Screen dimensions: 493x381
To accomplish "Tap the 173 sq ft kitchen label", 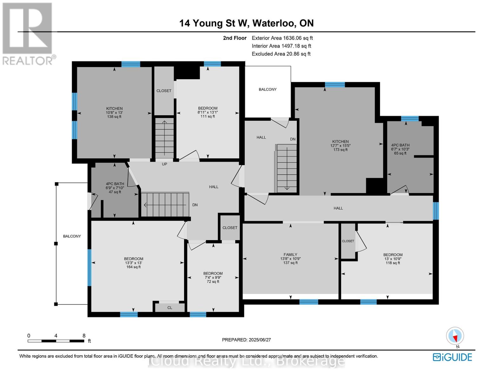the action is (340, 145).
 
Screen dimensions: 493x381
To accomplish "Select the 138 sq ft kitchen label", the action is (114, 112).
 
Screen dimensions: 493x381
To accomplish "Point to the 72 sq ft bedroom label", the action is (213, 277).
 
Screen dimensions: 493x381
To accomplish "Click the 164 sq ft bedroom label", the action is (133, 263).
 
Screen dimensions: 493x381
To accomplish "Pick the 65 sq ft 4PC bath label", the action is (400, 149).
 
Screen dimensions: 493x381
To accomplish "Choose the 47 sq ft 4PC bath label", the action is (115, 188).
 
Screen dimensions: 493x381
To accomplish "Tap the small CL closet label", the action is (170, 308).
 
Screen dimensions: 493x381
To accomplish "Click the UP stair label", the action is (164, 164).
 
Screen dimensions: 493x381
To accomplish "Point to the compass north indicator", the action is (455, 336).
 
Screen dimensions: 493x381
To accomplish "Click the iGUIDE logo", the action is (452, 357).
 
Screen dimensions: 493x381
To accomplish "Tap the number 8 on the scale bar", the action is (84, 336).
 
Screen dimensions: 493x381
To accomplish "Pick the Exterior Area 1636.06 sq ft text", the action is (282, 38).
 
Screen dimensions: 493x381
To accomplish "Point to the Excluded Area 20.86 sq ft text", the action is (281, 54).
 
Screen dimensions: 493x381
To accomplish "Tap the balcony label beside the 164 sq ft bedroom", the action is (72, 236).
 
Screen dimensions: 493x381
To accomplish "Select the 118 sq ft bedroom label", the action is (393, 259).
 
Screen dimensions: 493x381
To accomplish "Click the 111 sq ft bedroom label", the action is (208, 112).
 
